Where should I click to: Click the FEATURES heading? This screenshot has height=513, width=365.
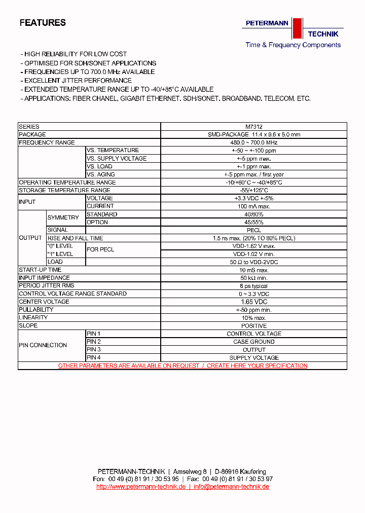click(x=43, y=23)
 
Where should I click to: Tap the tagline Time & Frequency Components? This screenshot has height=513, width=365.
click(x=293, y=45)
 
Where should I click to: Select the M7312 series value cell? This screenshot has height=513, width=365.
click(x=253, y=127)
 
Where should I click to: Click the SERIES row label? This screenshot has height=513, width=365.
click(x=29, y=127)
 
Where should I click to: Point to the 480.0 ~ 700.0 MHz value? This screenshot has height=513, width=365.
click(x=253, y=142)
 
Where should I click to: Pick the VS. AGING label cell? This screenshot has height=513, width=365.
click(x=101, y=174)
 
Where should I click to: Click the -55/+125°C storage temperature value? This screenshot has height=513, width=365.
click(x=253, y=190)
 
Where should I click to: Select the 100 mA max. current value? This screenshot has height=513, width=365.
click(x=253, y=206)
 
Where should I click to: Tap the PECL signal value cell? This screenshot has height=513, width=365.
click(x=253, y=230)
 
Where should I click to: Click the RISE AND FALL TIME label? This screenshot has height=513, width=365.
click(x=75, y=238)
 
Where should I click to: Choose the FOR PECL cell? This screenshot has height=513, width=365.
click(x=100, y=249)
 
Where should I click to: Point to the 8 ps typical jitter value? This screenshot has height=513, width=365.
click(x=253, y=286)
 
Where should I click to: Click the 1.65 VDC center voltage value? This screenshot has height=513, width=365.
click(x=253, y=302)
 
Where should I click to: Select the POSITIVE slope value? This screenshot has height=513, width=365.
click(x=253, y=325)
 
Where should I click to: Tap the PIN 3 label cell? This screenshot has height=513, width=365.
click(x=94, y=349)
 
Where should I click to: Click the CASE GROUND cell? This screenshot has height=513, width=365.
click(x=253, y=342)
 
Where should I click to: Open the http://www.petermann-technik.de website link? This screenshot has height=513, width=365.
click(x=141, y=487)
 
